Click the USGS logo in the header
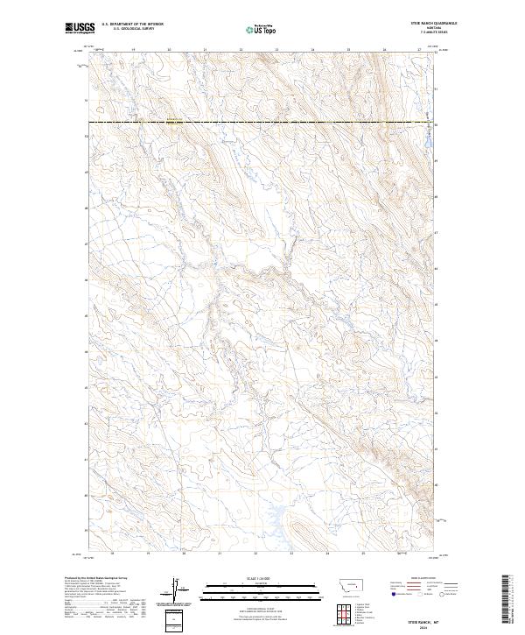tap(80, 28)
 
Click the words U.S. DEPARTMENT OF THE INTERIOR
tap(132, 25)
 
